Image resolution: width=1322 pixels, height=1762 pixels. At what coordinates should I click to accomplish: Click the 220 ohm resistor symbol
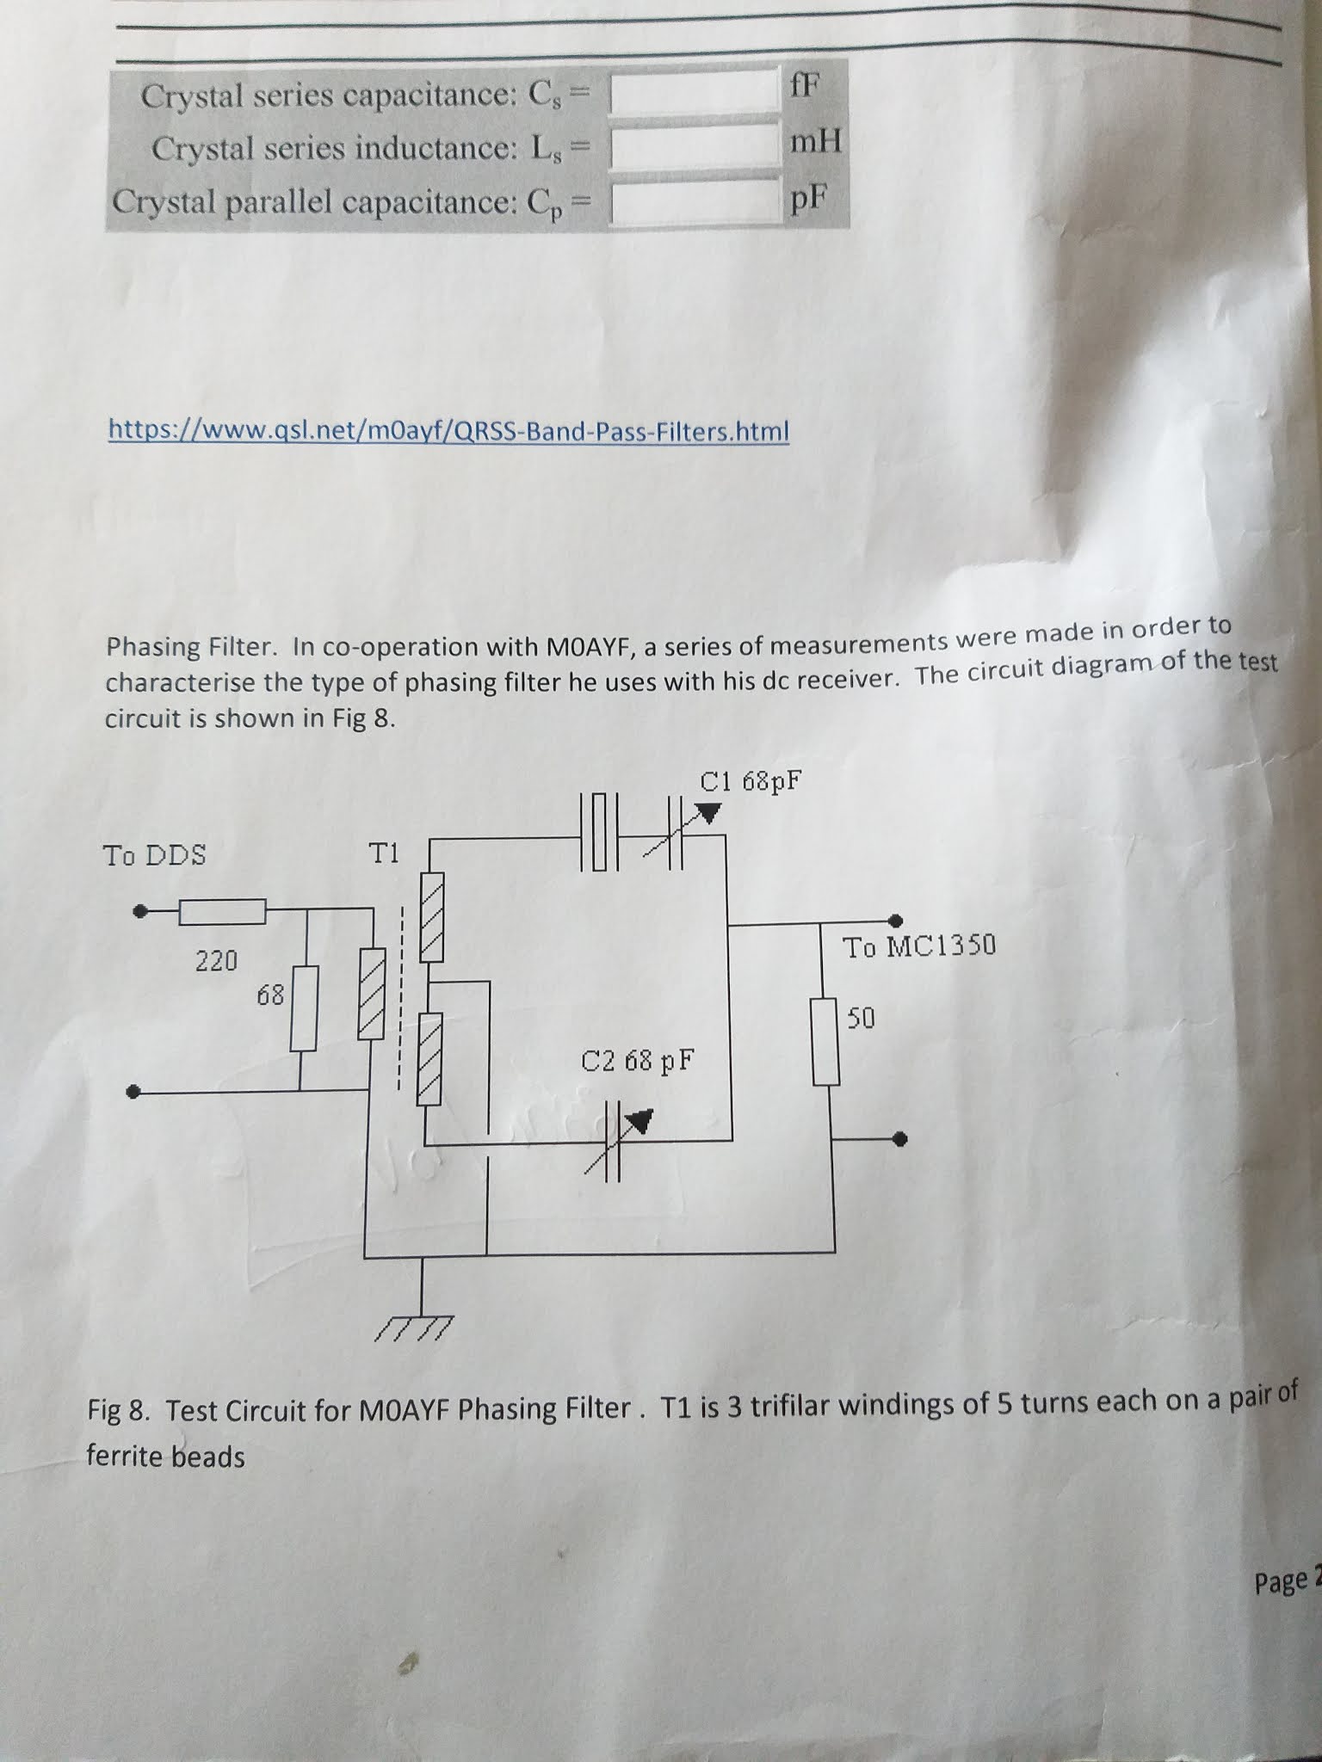coord(221,911)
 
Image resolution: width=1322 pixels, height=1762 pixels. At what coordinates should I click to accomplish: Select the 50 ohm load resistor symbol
coord(826,1041)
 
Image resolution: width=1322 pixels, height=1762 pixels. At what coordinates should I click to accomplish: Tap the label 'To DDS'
coord(155,855)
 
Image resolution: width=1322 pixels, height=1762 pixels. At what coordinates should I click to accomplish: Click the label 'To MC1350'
coord(918,947)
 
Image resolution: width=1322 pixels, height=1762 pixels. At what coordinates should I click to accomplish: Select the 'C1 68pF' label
coord(750,782)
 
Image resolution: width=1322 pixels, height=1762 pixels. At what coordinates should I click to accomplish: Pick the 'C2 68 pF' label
coord(637,1060)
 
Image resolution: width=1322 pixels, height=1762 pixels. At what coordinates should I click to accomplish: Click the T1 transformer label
coord(384,853)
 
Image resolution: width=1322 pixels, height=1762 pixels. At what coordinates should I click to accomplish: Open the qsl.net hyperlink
coord(448,430)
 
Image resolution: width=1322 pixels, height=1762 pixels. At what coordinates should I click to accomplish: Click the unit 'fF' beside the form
coord(804,84)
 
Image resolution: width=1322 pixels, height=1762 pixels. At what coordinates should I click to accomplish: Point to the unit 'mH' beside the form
coord(814,140)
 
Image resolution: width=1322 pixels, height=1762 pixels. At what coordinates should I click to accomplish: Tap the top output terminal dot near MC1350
coord(895,920)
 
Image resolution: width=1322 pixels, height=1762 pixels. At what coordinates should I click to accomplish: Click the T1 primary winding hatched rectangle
coord(372,994)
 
